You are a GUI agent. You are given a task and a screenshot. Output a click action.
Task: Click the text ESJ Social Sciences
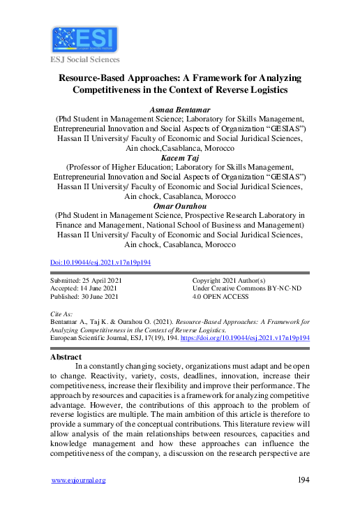[x=84, y=59]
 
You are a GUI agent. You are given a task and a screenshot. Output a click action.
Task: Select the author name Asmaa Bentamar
[x=179, y=110]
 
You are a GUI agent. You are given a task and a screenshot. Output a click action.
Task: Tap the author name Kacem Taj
[x=179, y=158]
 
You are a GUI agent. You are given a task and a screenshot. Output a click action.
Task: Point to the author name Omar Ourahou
[x=179, y=207]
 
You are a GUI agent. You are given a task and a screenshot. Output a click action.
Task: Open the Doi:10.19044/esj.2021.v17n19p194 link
[x=101, y=263]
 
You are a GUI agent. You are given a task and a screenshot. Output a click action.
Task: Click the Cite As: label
[x=62, y=315]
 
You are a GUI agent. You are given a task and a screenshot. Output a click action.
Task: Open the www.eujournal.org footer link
[x=79, y=480]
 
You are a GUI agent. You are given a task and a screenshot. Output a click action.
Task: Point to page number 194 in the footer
[x=303, y=480]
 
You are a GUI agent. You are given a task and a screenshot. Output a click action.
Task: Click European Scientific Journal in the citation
[x=91, y=337]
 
